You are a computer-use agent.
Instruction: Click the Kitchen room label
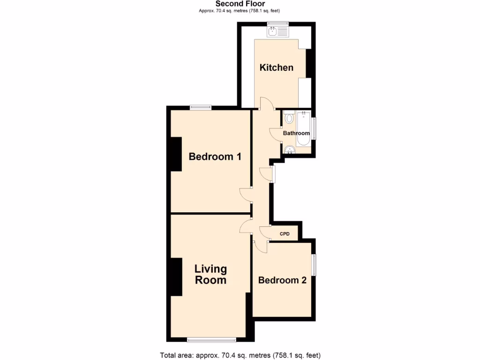(x=277, y=67)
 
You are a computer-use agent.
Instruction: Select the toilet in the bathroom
(x=289, y=118)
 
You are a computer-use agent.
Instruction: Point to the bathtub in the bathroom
(x=303, y=129)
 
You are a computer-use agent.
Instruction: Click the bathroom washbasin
(x=290, y=150)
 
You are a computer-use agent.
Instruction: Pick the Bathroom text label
(x=296, y=133)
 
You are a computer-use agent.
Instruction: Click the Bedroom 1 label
(x=215, y=157)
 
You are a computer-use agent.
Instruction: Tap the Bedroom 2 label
(x=282, y=280)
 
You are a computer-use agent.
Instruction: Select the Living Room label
(x=210, y=275)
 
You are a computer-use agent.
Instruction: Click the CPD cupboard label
(x=285, y=234)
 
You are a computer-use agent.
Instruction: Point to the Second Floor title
(x=240, y=4)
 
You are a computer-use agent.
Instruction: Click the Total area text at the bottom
(x=240, y=355)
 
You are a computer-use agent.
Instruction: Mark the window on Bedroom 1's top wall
(x=201, y=107)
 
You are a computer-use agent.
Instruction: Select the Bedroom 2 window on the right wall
(x=314, y=265)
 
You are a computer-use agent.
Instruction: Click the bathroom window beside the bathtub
(x=314, y=128)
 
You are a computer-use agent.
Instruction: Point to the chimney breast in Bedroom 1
(x=176, y=154)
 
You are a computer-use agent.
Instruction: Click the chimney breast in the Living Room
(x=176, y=277)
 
